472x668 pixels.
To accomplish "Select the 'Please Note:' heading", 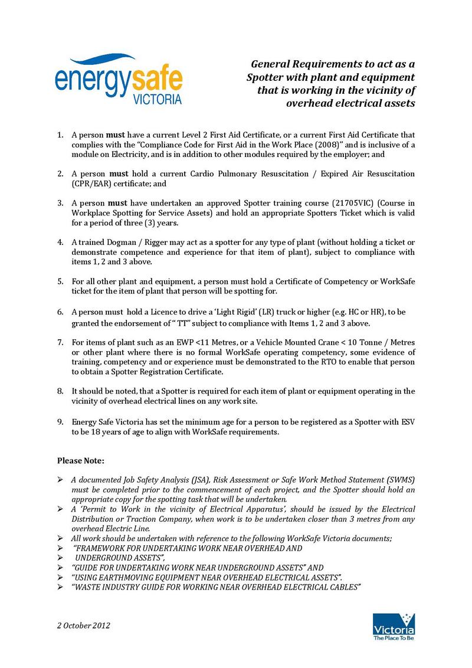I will (81, 460).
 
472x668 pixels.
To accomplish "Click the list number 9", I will (60, 422).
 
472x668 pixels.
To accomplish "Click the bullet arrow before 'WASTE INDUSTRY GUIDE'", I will (60, 588).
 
